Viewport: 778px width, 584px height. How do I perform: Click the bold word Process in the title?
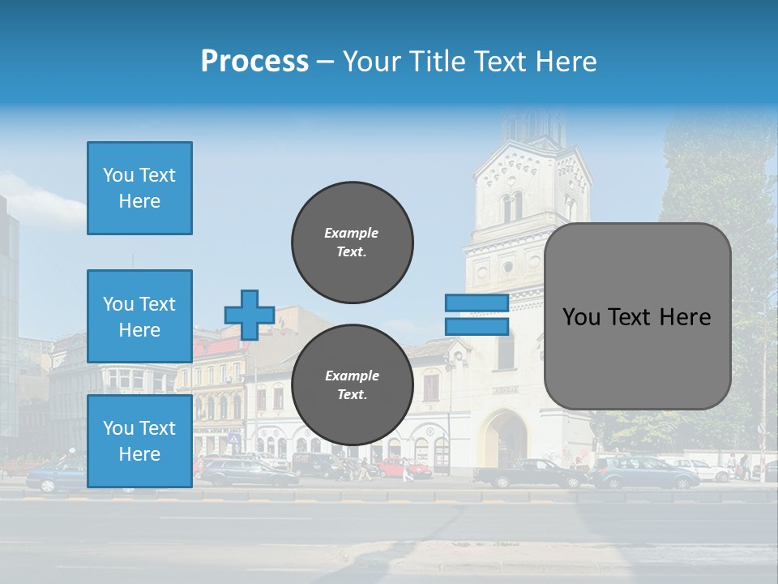point(254,62)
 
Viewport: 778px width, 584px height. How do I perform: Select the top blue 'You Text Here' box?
point(139,188)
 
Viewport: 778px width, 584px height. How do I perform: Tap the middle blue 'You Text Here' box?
point(139,316)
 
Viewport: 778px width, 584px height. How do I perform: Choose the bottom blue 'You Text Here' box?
point(139,441)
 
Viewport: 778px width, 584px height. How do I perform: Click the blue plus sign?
point(250,315)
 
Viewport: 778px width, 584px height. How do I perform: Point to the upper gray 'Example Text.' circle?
point(352,243)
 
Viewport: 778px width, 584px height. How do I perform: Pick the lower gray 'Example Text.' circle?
point(352,385)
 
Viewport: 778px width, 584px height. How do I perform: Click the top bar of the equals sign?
point(477,303)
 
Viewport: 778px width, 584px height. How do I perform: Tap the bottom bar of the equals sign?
point(477,326)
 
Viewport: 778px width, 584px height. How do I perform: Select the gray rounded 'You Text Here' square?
point(637,316)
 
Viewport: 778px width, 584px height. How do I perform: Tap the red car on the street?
point(406,468)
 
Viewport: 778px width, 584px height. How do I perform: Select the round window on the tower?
point(508,267)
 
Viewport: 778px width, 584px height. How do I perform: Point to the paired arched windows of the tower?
point(512,207)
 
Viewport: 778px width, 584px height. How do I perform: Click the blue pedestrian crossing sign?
point(234,439)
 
